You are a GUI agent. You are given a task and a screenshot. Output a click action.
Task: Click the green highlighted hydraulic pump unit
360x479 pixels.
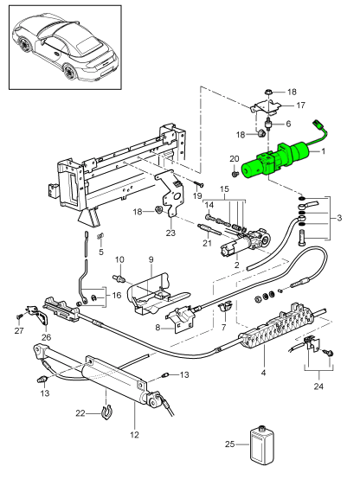pos(275,159)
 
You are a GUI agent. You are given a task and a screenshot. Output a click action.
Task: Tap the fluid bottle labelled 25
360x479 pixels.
pos(261,444)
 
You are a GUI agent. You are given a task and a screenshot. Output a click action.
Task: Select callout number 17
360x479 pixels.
pos(300,105)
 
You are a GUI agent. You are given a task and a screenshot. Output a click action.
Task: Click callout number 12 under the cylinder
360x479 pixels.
pos(134,434)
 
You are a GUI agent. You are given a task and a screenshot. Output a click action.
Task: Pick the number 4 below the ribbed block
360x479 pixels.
pos(263,373)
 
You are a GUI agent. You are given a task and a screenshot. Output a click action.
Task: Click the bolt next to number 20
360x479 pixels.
pos(235,175)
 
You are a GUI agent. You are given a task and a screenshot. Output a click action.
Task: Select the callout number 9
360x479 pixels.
pos(151,260)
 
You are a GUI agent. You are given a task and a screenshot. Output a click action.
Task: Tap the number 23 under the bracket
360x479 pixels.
pos(170,233)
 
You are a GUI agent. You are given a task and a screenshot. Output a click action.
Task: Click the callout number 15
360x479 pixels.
pos(224,189)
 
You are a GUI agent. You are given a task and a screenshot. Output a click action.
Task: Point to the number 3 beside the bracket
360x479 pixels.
pos(339,218)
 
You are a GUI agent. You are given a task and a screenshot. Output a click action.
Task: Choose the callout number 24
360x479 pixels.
pos(318,386)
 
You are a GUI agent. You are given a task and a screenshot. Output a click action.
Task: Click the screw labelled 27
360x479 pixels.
pos(19,316)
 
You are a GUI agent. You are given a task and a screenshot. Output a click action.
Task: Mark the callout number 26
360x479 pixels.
pos(47,337)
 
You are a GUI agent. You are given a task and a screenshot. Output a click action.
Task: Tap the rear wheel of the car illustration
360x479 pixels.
pos(70,73)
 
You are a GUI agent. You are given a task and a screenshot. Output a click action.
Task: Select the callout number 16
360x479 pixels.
pos(117,296)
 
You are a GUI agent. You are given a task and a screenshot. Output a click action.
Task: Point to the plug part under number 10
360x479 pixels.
pos(121,278)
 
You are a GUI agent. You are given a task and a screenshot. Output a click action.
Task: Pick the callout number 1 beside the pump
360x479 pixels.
pos(323,151)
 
